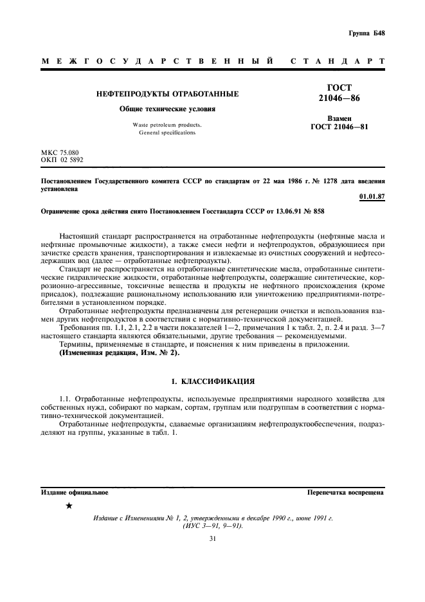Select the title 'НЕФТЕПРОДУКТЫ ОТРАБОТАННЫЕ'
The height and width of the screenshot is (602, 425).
(x=167, y=94)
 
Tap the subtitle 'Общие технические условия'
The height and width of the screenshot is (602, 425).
(x=167, y=109)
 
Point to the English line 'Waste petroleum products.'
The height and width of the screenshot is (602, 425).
(x=167, y=124)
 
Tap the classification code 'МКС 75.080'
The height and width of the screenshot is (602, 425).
(x=60, y=152)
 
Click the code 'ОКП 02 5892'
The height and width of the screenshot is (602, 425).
(x=62, y=159)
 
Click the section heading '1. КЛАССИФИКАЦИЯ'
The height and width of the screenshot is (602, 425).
(x=212, y=381)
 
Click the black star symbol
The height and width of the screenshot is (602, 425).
(x=69, y=507)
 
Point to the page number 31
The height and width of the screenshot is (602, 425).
(x=212, y=539)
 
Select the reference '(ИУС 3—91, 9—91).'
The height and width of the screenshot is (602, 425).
(x=212, y=525)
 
